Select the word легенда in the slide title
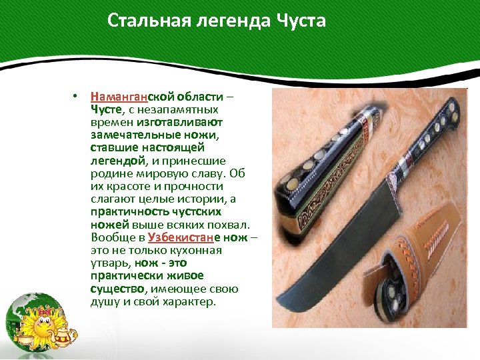224,21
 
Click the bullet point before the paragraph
77,97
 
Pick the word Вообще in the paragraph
110,238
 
